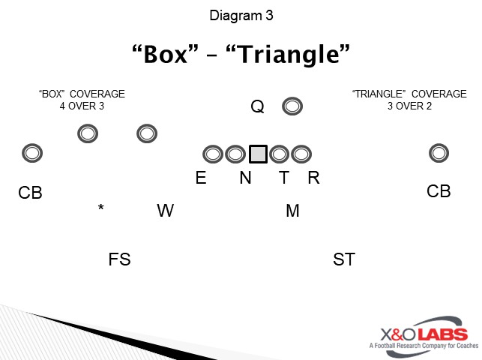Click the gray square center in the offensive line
click(x=258, y=154)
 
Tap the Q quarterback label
click(x=257, y=107)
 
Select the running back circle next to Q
click(x=292, y=106)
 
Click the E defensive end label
click(x=201, y=178)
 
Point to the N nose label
click(x=245, y=178)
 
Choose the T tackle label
click(x=284, y=178)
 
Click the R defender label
click(x=314, y=178)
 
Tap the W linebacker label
click(x=166, y=211)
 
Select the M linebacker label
click(x=292, y=211)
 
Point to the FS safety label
click(x=119, y=260)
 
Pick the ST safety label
click(x=344, y=260)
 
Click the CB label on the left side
click(x=30, y=193)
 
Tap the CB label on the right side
click(x=439, y=191)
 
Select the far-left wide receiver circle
click(x=31, y=154)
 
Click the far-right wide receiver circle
click(x=439, y=153)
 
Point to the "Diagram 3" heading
click(x=240, y=16)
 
